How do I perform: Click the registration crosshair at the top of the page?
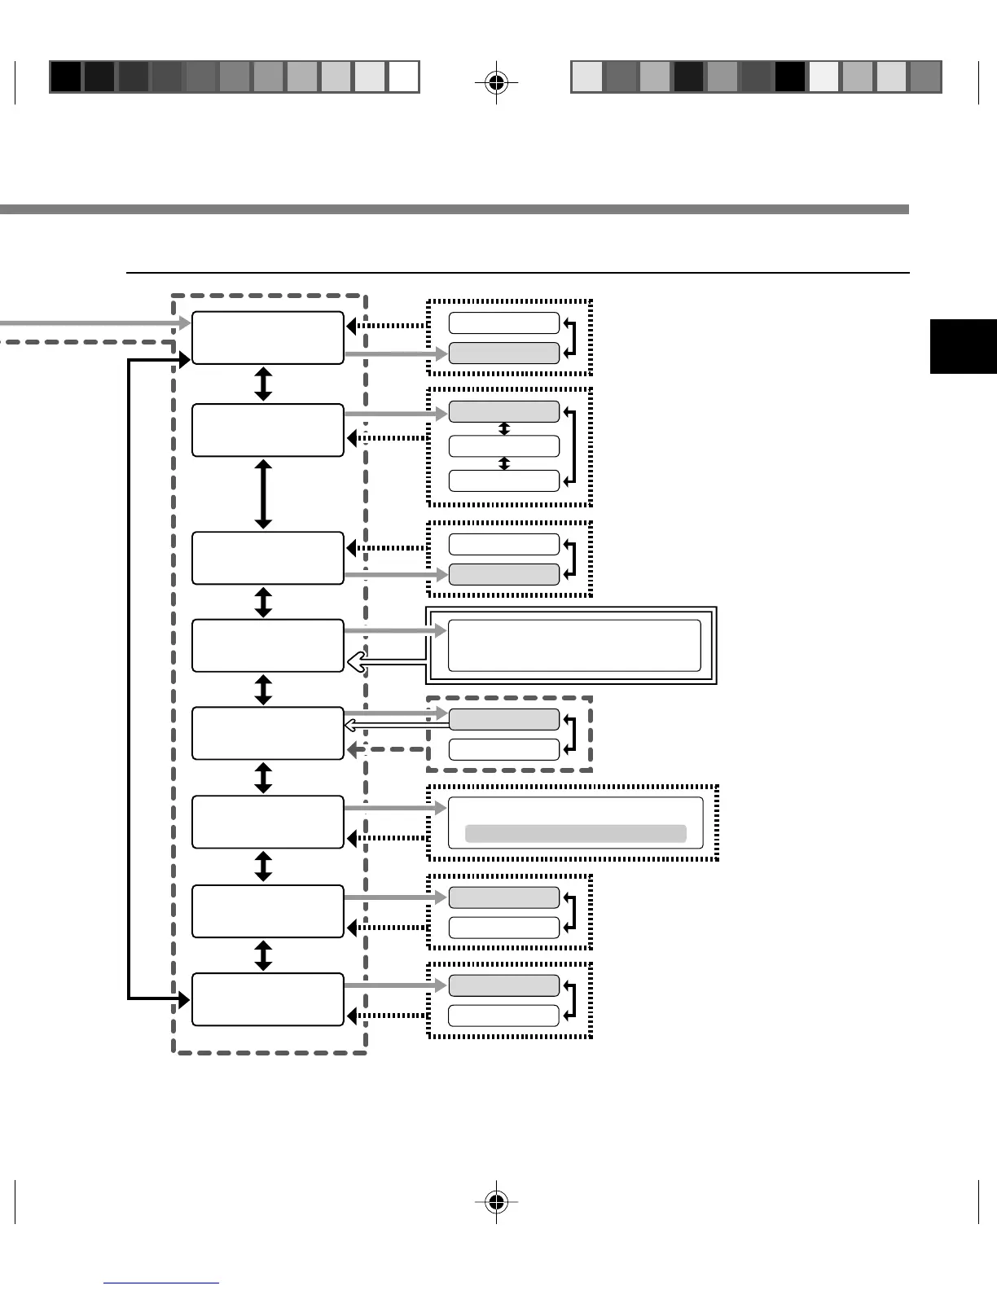tap(496, 81)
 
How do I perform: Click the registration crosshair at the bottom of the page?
tap(496, 1201)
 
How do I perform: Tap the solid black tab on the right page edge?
tap(964, 346)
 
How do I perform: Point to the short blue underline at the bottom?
tap(161, 1283)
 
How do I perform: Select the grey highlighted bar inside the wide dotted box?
tap(575, 833)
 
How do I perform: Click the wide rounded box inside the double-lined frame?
tap(574, 645)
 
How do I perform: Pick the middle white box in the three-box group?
tap(504, 446)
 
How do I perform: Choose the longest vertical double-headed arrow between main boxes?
tap(263, 494)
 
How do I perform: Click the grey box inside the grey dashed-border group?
tap(504, 719)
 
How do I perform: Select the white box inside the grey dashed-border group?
tap(504, 749)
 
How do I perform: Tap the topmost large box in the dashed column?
tap(267, 337)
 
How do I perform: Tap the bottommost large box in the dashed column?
tap(267, 999)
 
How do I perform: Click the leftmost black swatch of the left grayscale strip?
tap(66, 77)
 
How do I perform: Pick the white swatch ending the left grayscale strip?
tap(403, 77)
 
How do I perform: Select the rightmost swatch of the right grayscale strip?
tap(925, 77)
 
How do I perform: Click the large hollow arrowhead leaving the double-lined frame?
tap(356, 665)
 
